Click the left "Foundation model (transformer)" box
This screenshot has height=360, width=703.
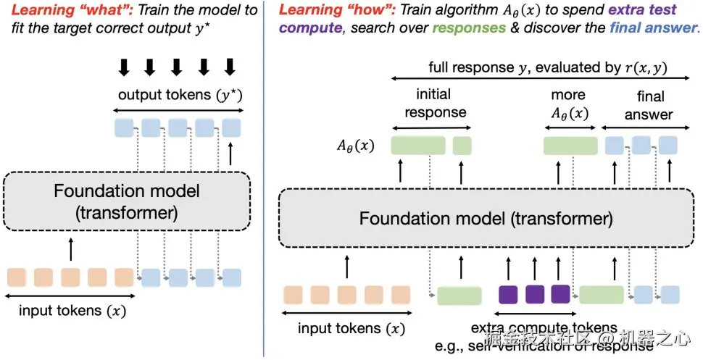[x=128, y=202]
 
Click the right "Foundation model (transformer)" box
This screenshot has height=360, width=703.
[x=486, y=218]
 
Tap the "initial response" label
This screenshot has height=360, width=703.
[x=435, y=103]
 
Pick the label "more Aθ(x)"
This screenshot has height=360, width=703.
[x=567, y=103]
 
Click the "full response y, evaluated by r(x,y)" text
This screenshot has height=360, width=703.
[x=547, y=68]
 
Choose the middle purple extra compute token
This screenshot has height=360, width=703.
[x=535, y=293]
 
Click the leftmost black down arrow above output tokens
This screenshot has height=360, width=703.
[x=124, y=67]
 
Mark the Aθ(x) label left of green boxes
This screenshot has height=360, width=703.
[x=354, y=145]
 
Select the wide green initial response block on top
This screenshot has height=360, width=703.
[x=418, y=145]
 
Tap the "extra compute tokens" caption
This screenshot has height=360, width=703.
[x=544, y=328]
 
